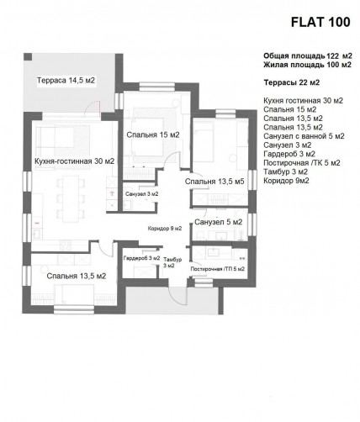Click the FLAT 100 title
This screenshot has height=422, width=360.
pyautogui.click(x=320, y=22)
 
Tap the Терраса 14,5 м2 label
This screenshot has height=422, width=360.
pyautogui.click(x=66, y=81)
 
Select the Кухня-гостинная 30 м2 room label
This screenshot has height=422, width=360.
pyautogui.click(x=75, y=161)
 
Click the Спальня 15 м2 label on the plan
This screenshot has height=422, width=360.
pyautogui.click(x=153, y=135)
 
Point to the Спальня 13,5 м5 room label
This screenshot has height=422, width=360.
pyautogui.click(x=214, y=182)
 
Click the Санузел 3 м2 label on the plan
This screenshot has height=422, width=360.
pyautogui.click(x=142, y=194)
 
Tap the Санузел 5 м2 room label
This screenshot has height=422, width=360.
pyautogui.click(x=219, y=222)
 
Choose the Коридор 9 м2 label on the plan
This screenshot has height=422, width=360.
pyautogui.click(x=165, y=229)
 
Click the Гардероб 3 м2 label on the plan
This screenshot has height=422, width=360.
pyautogui.click(x=141, y=258)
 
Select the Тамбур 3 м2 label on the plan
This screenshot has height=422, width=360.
pyautogui.click(x=172, y=262)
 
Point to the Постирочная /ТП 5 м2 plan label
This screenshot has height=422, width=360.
pyautogui.click(x=218, y=269)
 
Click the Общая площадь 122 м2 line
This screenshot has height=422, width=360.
pyautogui.click(x=308, y=56)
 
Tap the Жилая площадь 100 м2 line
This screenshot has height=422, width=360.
pyautogui.click(x=307, y=65)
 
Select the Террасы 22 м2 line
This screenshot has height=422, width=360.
pyautogui.click(x=292, y=82)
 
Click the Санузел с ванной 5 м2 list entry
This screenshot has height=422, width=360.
pyautogui.click(x=304, y=136)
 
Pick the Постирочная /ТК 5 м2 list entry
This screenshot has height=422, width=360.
pyautogui.click(x=302, y=163)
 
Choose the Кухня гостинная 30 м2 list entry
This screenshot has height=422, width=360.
pyautogui.click(x=304, y=100)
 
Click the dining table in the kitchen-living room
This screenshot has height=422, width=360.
pyautogui.click(x=71, y=198)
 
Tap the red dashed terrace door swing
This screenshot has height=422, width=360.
pyautogui.click(x=93, y=107)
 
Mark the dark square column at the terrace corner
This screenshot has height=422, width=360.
pyautogui.click(x=28, y=57)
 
